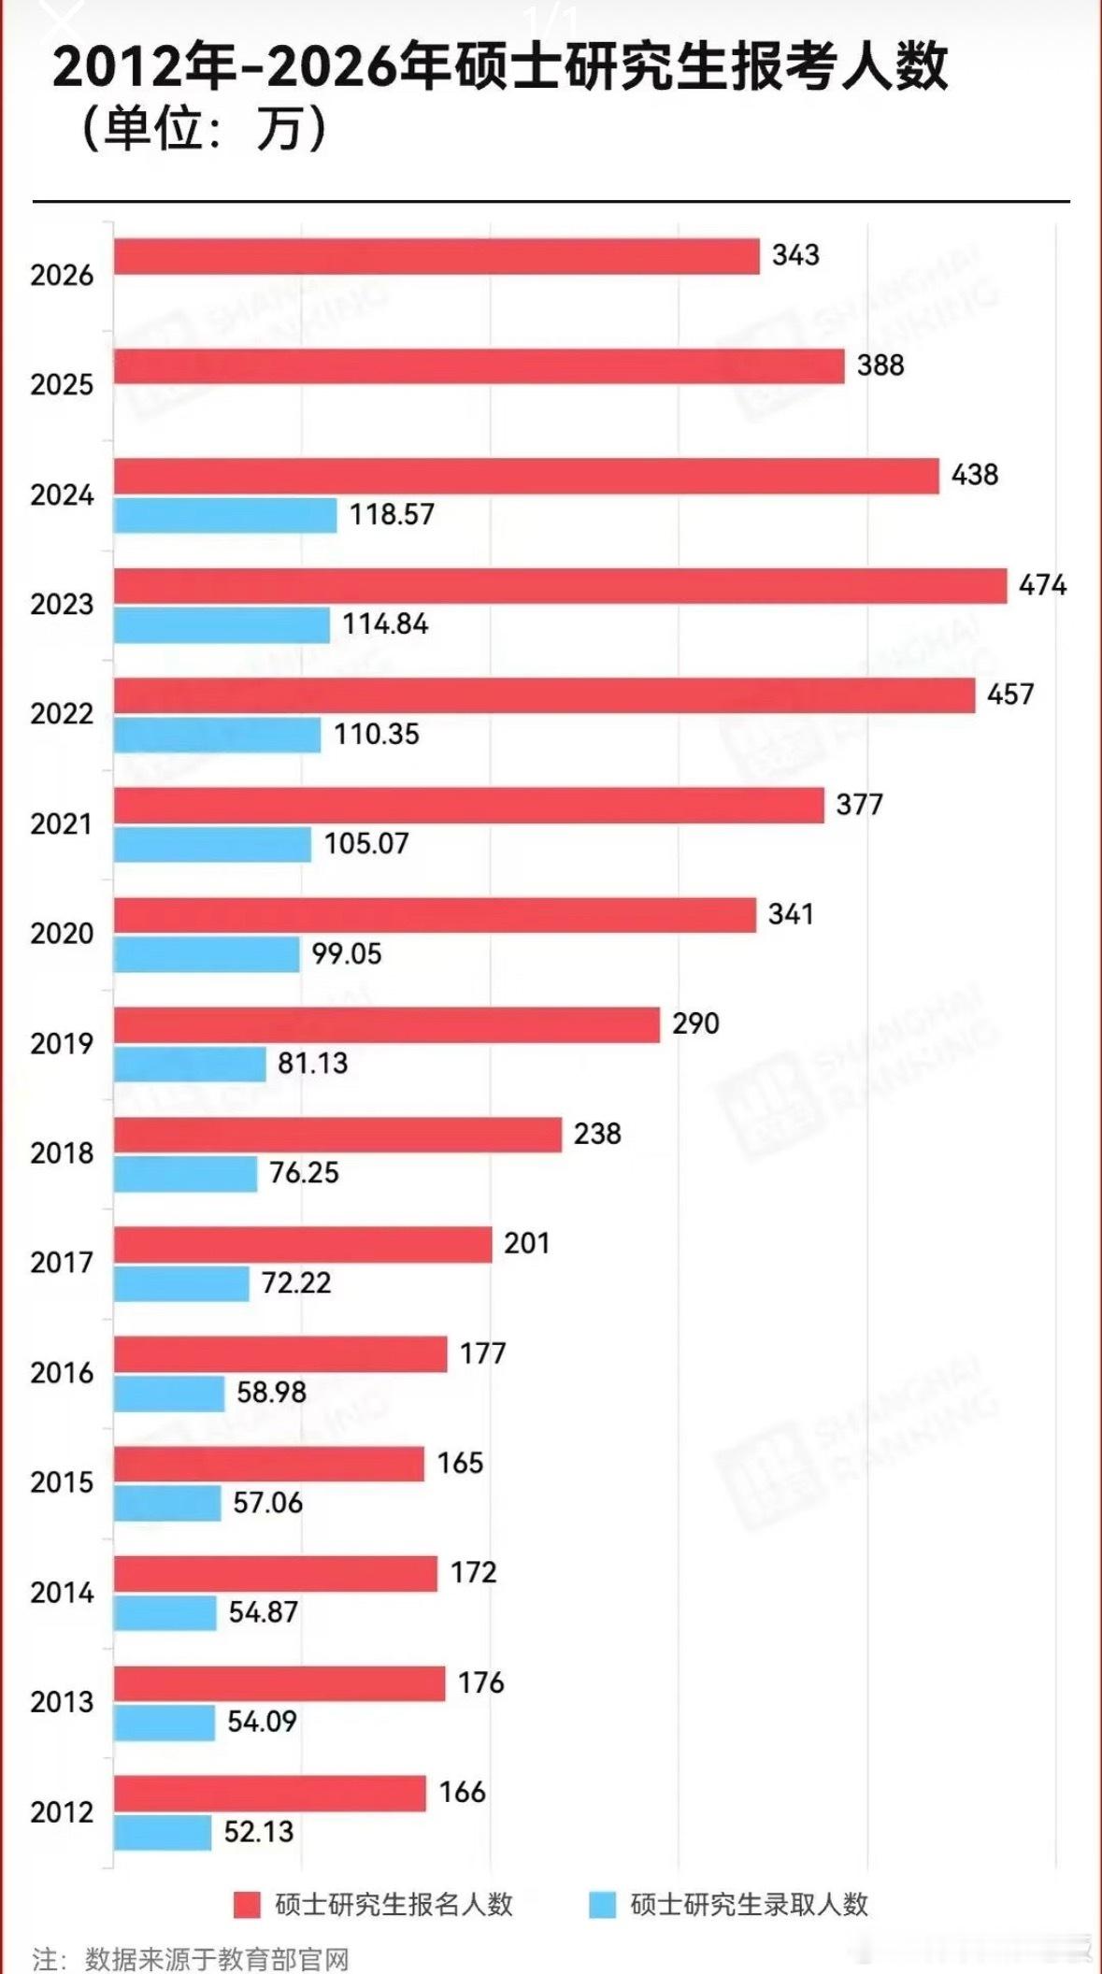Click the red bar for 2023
click(561, 586)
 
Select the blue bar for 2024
click(225, 515)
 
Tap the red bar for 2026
click(437, 257)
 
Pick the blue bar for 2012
click(163, 1832)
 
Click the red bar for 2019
click(387, 1025)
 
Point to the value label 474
click(1042, 586)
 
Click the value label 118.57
click(392, 515)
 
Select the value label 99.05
click(347, 954)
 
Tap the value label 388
click(880, 365)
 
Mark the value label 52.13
click(259, 1832)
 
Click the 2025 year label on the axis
click(62, 385)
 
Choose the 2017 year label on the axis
click(62, 1263)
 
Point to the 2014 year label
click(62, 1593)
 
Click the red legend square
click(248, 1905)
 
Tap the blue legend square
click(603, 1905)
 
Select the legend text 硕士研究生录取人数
click(750, 1905)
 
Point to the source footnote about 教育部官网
click(191, 1958)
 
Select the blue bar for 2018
click(185, 1174)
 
